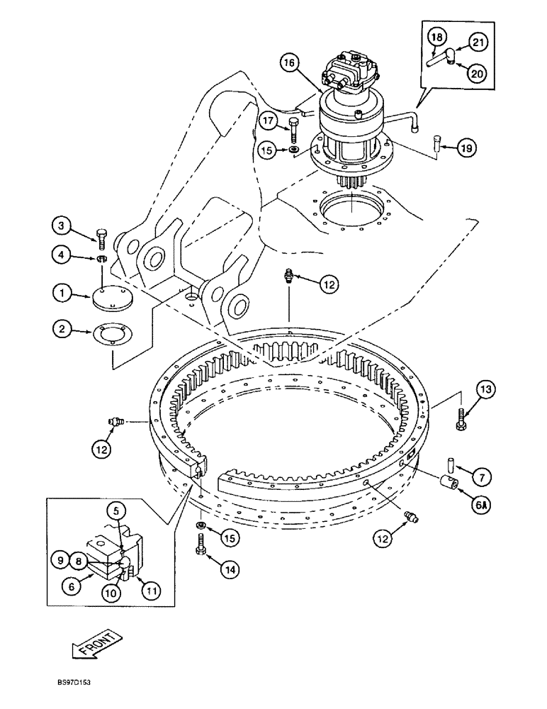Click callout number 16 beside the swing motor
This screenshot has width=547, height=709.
pos(288,64)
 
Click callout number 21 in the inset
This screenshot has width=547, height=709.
pos(480,43)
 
